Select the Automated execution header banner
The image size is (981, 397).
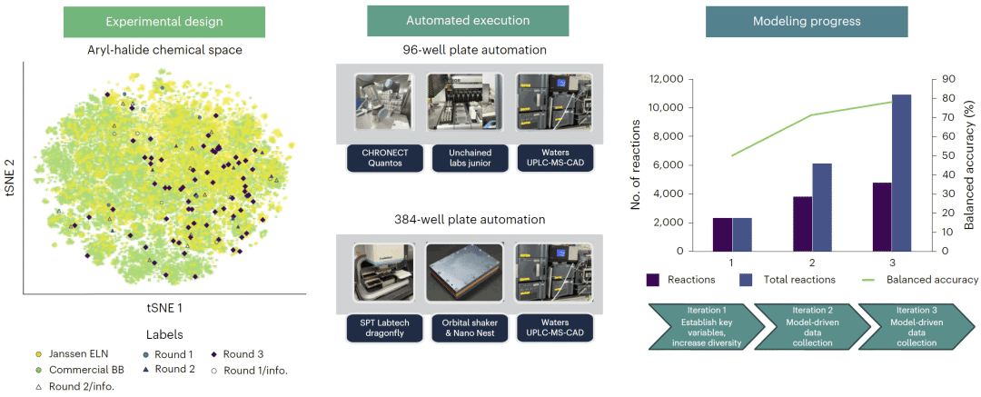pos(468,21)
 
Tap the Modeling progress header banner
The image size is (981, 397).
pos(807,22)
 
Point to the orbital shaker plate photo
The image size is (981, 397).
pos(465,272)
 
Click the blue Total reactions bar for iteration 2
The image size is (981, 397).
pos(820,207)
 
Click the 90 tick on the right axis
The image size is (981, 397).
pos(934,80)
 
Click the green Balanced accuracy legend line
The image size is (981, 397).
pos(873,279)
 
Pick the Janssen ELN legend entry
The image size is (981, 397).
pos(69,355)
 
